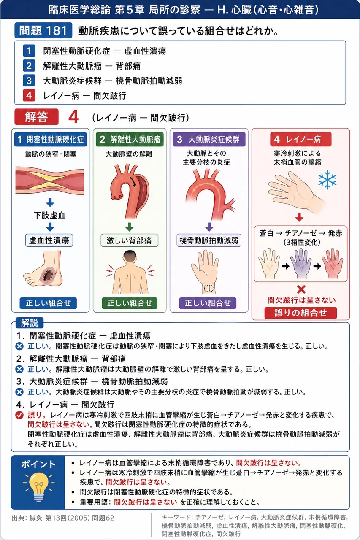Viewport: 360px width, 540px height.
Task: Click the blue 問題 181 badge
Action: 43,30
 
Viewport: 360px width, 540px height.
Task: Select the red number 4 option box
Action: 29,95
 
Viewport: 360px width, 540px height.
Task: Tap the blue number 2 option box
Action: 29,66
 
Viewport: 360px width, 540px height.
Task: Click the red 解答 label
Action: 36,117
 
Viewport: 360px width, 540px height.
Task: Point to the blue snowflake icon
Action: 327,180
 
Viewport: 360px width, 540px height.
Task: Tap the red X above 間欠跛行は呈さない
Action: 301,289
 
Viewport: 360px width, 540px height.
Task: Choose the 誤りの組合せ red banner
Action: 300,313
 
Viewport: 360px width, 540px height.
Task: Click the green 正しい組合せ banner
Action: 130,303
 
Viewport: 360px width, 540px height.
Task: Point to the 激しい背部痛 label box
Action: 129,240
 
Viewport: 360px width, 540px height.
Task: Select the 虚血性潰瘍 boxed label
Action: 49,240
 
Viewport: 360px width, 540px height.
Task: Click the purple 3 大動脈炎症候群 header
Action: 209,139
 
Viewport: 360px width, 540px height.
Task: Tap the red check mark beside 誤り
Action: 19,415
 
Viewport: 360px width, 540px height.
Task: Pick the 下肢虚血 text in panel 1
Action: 49,215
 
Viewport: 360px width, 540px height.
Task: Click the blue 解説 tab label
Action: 30,323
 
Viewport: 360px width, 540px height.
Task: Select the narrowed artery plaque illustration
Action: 50,180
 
